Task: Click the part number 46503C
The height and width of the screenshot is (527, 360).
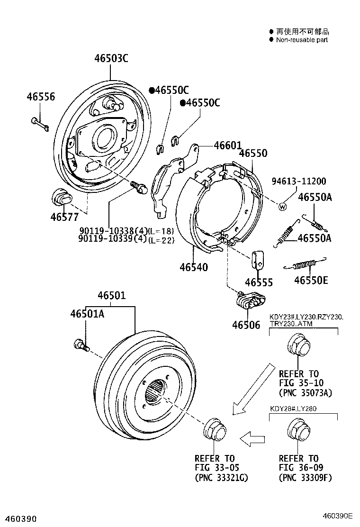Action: (111, 59)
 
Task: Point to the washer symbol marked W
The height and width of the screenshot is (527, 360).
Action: (283, 206)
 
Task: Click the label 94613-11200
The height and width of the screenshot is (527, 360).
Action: (298, 182)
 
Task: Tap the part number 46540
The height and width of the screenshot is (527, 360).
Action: (193, 267)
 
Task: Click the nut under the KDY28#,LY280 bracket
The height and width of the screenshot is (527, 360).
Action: (299, 430)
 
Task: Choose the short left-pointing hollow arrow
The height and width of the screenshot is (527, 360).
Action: (252, 439)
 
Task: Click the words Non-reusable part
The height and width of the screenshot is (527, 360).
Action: (302, 40)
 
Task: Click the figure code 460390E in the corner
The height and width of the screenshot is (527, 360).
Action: (339, 515)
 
